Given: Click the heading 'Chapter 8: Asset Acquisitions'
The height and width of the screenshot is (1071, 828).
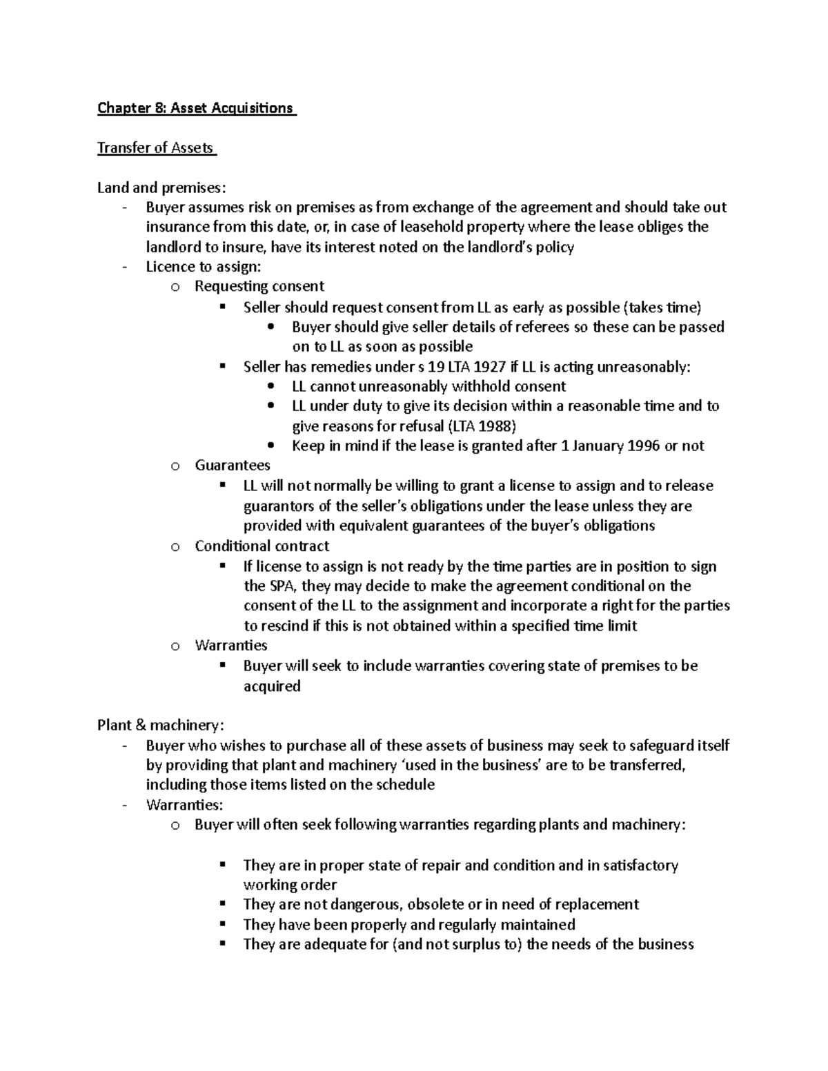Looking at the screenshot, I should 196,108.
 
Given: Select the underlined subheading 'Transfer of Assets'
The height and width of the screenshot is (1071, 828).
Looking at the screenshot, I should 156,148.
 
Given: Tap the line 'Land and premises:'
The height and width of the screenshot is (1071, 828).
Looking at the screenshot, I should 161,188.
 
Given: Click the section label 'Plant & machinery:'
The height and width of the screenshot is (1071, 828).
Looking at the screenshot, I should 160,725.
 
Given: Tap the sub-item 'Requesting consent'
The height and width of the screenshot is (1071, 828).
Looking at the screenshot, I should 259,286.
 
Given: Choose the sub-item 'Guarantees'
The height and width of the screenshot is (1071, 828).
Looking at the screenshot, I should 233,466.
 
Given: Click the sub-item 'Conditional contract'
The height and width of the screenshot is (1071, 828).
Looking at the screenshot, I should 262,546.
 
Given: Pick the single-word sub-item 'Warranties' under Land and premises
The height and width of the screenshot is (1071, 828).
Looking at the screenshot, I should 231,645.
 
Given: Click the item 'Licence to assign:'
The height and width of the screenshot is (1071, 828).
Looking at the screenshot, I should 204,267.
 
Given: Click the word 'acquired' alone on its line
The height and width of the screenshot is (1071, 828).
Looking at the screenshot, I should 272,686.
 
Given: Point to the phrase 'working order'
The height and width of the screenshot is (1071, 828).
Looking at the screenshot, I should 290,885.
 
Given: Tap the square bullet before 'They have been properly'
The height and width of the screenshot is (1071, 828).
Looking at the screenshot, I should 222,923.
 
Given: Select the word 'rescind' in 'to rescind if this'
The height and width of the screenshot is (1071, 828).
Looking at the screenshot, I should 284,626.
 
